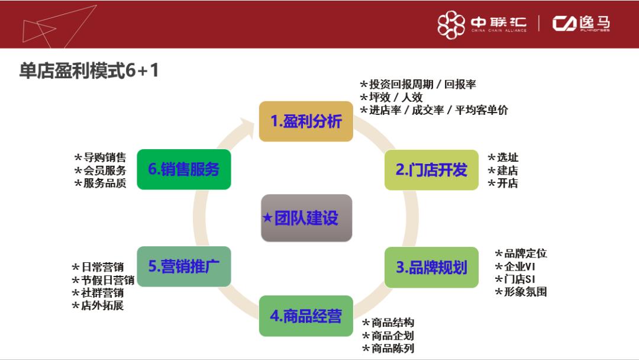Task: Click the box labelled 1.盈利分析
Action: click(x=306, y=121)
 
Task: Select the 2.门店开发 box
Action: click(x=431, y=170)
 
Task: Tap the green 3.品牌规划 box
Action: click(x=431, y=267)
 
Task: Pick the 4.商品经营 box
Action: click(x=306, y=316)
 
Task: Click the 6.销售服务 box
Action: click(x=183, y=169)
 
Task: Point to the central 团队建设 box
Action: click(x=306, y=218)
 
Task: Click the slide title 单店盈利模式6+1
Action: click(x=89, y=71)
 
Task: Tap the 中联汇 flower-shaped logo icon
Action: click(x=451, y=24)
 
